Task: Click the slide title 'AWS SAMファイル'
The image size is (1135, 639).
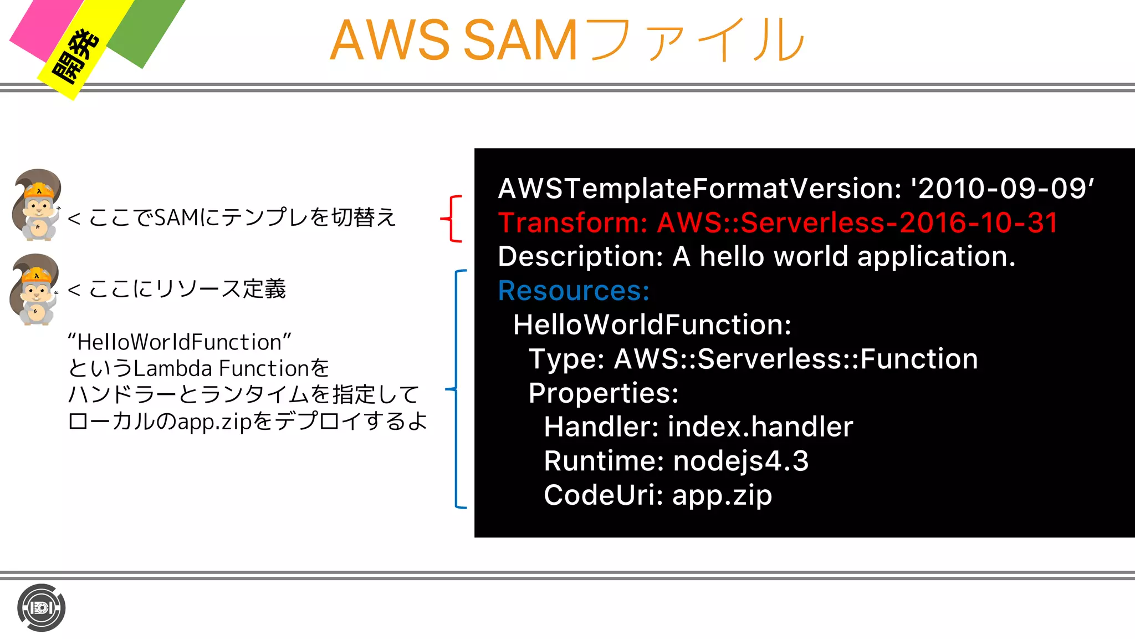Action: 566,40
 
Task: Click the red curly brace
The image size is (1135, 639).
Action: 452,219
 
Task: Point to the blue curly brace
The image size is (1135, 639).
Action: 457,389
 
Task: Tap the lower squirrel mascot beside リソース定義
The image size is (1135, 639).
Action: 35,289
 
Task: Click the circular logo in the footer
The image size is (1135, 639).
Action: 42,608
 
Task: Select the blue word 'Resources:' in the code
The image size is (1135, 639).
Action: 574,291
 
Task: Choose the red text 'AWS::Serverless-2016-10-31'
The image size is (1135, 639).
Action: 857,223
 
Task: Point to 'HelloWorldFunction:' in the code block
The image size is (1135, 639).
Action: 652,324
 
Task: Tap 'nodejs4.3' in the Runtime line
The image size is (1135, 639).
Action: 741,461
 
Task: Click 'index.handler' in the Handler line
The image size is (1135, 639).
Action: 760,427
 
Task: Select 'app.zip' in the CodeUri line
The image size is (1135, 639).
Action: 722,495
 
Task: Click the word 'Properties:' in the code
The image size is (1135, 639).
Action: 604,393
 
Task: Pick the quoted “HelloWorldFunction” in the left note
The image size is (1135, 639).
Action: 180,342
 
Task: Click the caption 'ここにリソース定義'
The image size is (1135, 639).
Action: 187,289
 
